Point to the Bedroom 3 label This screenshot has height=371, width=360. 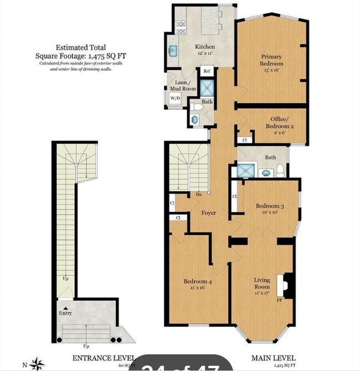click(270, 206)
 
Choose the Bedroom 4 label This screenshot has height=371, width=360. click(198, 281)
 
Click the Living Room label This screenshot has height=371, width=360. click(261, 283)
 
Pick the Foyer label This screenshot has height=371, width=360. click(208, 213)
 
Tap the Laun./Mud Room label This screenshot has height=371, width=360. click(182, 85)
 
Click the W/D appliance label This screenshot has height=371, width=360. click(175, 98)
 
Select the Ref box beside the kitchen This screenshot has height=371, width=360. click(206, 72)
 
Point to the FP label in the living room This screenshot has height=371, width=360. click(280, 300)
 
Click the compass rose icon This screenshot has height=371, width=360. click(38, 364)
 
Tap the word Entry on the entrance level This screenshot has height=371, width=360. click(65, 313)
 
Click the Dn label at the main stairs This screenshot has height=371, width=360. click(198, 195)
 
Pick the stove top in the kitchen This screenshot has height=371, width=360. click(181, 24)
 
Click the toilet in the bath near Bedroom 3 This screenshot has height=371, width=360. click(281, 170)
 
